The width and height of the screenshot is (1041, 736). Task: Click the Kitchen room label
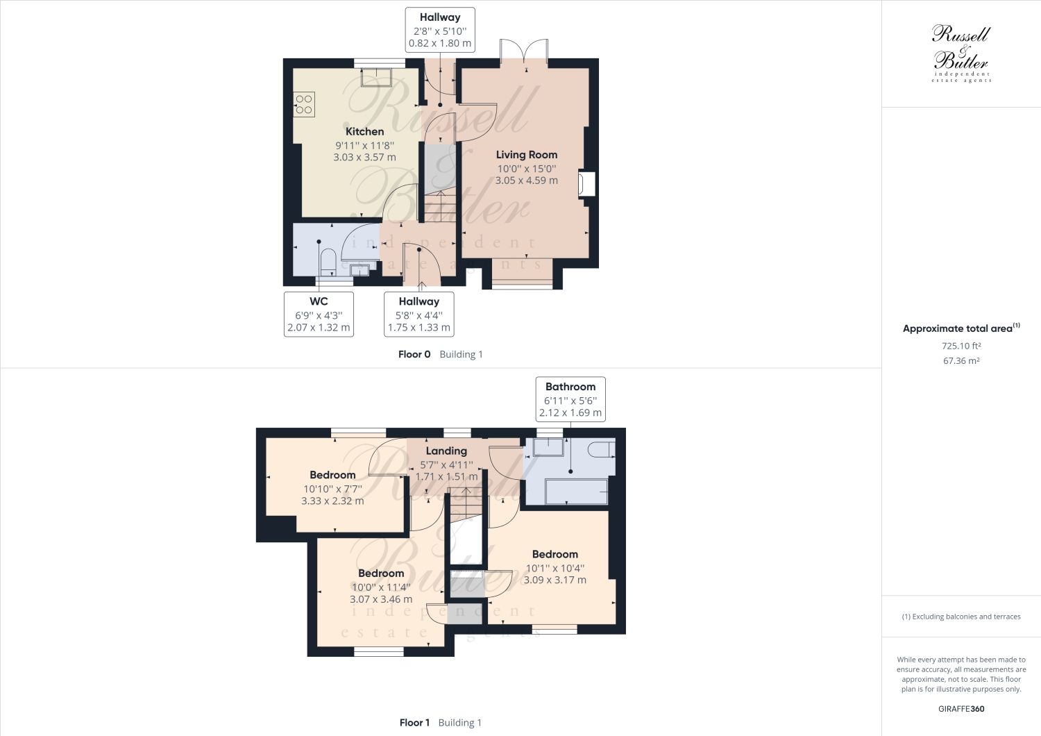[364, 131]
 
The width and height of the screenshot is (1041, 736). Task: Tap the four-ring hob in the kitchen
[304, 104]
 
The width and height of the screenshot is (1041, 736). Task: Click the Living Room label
[526, 154]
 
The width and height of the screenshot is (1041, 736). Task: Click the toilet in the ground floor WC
[328, 262]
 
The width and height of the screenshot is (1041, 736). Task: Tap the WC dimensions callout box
[319, 315]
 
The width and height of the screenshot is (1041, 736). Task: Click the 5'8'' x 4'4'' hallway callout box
[418, 315]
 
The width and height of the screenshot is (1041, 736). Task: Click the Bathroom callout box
[570, 399]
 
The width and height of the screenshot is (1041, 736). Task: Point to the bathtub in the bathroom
[577, 490]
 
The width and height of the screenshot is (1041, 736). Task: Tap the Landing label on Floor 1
[446, 451]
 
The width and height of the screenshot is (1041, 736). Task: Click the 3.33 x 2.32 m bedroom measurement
[332, 501]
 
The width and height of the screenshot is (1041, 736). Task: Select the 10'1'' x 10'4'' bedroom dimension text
[555, 567]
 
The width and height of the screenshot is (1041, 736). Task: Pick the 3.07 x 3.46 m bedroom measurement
[381, 599]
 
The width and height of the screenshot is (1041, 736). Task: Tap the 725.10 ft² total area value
[960, 346]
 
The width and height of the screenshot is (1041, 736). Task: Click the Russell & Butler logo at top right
[960, 54]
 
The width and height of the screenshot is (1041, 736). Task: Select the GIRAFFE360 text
[960, 709]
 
